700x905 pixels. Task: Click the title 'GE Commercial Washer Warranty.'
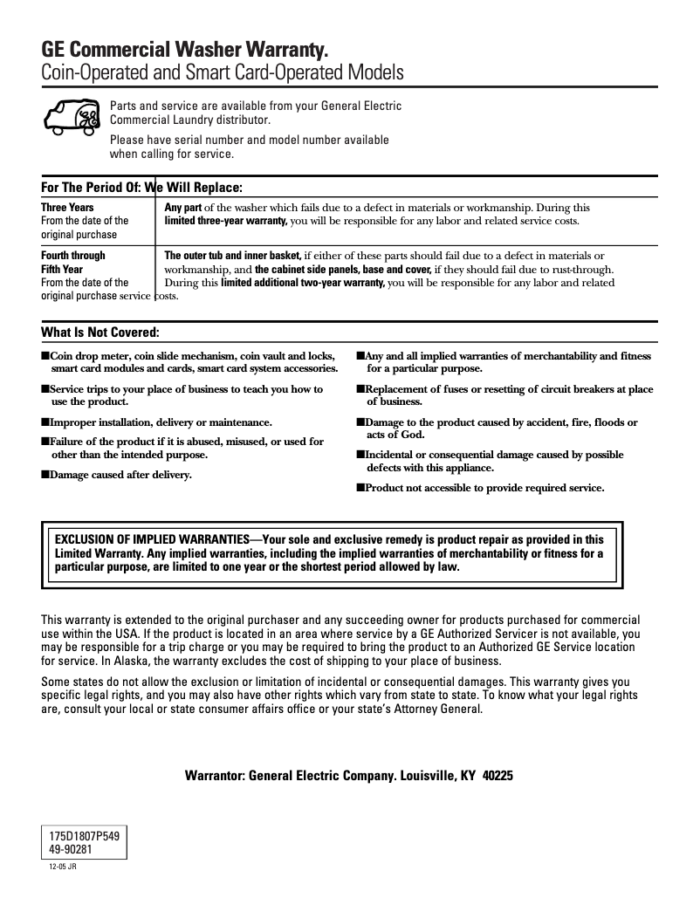(x=185, y=50)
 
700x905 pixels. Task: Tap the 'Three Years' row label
(x=67, y=208)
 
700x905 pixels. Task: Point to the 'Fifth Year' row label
(x=62, y=270)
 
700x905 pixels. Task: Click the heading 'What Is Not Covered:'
(x=100, y=333)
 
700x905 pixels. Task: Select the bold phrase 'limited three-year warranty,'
(x=226, y=222)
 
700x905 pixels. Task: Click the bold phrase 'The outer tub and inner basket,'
(x=233, y=256)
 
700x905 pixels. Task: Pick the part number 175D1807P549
(x=84, y=836)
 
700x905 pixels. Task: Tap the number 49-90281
(x=72, y=849)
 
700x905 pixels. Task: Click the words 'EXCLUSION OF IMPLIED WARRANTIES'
(x=151, y=539)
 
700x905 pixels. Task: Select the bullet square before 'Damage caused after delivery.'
(x=45, y=475)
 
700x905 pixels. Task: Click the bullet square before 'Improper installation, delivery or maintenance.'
(x=45, y=422)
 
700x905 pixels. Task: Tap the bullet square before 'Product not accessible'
(x=360, y=488)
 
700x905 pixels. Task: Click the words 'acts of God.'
(x=395, y=435)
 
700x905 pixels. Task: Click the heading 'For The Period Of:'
(x=91, y=188)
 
